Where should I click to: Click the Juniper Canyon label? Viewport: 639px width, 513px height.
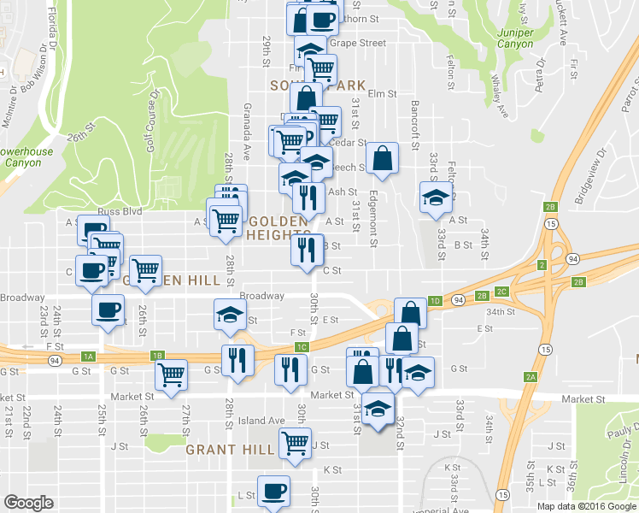point(513,39)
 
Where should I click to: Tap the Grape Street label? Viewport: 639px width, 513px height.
point(358,42)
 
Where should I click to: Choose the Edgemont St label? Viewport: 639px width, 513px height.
point(373,219)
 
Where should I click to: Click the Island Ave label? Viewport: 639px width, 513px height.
point(262,421)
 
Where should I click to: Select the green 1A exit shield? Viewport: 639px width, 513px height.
point(88,356)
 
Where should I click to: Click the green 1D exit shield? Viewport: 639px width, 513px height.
point(436,301)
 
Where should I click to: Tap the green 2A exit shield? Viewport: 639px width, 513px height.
point(531,377)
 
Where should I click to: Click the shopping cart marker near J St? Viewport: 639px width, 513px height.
point(295,443)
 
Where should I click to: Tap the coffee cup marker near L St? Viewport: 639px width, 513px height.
point(273,491)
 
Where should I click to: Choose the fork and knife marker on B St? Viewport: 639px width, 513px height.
point(305,250)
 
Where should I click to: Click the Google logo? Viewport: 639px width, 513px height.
point(29,503)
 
